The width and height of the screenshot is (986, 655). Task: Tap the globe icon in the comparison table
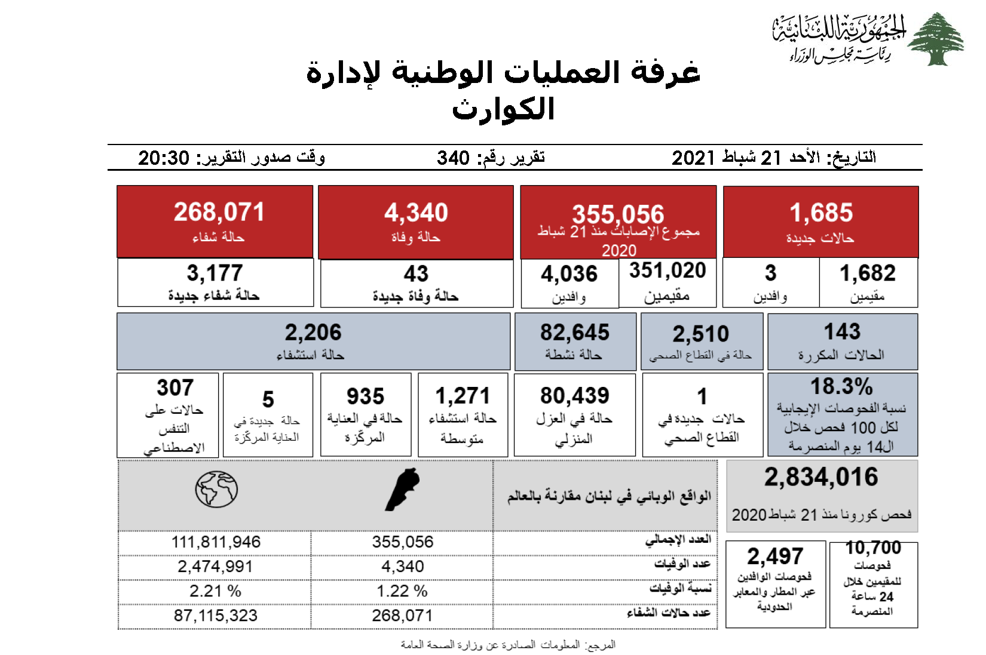point(216,490)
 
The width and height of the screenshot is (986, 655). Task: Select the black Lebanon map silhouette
point(402,490)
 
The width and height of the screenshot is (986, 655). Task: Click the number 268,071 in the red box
point(219,212)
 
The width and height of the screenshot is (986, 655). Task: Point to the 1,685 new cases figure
point(821,213)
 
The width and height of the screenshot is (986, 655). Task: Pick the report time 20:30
point(164,158)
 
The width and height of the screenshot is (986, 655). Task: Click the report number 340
point(453,158)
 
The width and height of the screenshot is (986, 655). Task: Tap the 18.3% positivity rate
point(841,386)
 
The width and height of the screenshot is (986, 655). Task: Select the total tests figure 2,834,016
point(821,477)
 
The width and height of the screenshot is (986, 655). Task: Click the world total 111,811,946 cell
point(216,542)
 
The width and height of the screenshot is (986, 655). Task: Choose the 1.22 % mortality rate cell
point(402,591)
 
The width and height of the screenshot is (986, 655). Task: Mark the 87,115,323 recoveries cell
point(216,616)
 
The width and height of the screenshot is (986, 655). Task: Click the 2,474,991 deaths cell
point(215,567)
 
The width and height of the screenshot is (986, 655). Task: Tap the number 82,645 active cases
point(575,333)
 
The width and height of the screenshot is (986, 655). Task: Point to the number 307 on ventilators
point(175,388)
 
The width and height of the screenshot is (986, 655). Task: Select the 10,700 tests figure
point(873,548)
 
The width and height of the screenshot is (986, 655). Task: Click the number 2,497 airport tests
point(775,556)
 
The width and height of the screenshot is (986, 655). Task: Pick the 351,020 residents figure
point(667,270)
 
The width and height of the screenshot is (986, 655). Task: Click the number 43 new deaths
point(416,273)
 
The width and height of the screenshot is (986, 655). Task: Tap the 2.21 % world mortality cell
point(215,591)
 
